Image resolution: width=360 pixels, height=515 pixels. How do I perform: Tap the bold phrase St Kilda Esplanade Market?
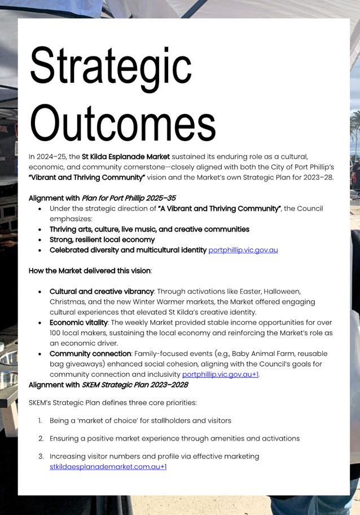click(x=126, y=156)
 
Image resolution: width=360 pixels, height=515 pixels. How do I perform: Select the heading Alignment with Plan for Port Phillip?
click(x=102, y=198)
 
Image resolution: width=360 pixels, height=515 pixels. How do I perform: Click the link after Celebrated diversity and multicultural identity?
click(x=243, y=250)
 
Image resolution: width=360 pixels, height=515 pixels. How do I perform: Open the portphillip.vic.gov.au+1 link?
click(x=221, y=374)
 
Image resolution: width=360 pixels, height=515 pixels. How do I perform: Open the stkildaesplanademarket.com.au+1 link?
click(x=108, y=466)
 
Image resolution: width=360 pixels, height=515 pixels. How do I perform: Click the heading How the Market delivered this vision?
click(x=89, y=271)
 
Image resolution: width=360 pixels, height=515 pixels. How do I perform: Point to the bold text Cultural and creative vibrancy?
click(x=102, y=292)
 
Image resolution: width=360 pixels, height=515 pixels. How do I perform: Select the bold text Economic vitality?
click(x=78, y=323)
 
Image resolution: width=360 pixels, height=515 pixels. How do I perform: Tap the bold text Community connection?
click(x=90, y=354)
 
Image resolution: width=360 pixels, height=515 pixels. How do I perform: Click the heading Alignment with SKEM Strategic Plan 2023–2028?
click(x=108, y=385)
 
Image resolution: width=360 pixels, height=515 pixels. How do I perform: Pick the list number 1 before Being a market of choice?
click(x=40, y=421)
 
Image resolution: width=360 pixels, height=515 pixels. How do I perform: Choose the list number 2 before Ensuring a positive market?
click(x=41, y=438)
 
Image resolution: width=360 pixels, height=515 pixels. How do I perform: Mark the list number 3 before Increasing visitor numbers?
click(x=41, y=456)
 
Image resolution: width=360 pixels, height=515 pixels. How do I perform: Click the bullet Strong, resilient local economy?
click(x=102, y=240)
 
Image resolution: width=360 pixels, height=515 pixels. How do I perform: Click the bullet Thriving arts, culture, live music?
click(x=149, y=230)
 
